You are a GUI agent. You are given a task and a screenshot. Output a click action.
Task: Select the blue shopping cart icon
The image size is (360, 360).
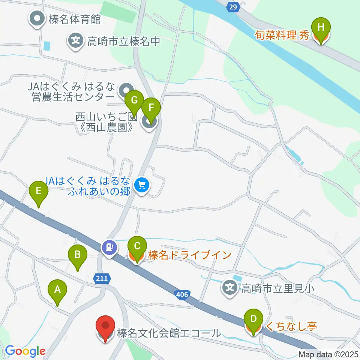(x=142, y=184)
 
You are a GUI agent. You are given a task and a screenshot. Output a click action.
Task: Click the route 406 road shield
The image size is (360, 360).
(x=182, y=294)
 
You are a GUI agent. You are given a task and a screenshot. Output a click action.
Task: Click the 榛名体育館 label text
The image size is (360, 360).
(x=75, y=19)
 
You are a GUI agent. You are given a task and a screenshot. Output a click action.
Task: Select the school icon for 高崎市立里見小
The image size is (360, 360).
(x=230, y=288)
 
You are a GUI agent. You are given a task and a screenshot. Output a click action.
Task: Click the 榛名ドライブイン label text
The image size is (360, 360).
(x=189, y=256)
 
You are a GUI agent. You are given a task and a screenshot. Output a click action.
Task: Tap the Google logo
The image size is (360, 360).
(x=25, y=351)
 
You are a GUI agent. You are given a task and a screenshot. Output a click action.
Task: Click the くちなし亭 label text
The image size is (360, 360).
(x=291, y=326)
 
